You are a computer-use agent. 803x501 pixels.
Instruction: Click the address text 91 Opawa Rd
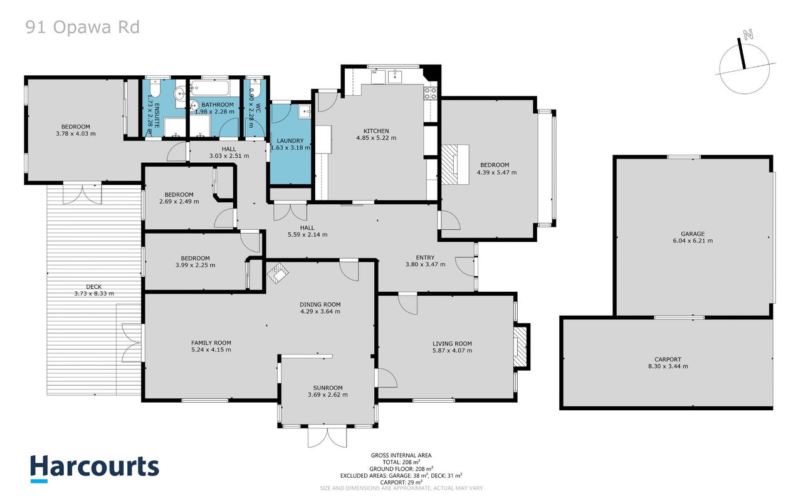pos(83,28)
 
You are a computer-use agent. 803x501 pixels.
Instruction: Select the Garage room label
pos(693,234)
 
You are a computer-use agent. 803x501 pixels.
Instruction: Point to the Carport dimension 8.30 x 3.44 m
pos(668,366)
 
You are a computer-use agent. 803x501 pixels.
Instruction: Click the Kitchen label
pos(376,131)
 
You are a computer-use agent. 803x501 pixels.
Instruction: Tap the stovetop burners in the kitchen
pos(430,93)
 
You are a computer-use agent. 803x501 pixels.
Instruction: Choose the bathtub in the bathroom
pos(210,86)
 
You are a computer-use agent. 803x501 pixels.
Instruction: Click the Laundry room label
pos(290,141)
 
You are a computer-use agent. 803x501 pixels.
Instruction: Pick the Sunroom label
pos(328,388)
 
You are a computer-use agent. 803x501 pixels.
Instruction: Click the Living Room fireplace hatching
pos(520,347)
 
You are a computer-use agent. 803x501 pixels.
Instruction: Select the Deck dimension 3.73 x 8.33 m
pos(94,294)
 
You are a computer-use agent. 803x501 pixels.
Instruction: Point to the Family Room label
pos(211,343)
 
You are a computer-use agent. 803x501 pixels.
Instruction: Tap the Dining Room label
pos(320,305)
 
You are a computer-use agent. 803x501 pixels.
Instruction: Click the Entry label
pos(425,257)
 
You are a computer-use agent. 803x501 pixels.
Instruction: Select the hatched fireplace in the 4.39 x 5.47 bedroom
pos(449,164)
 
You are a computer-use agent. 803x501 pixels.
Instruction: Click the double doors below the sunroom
pos(327,438)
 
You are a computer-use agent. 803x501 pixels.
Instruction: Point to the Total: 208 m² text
pos(401,462)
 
